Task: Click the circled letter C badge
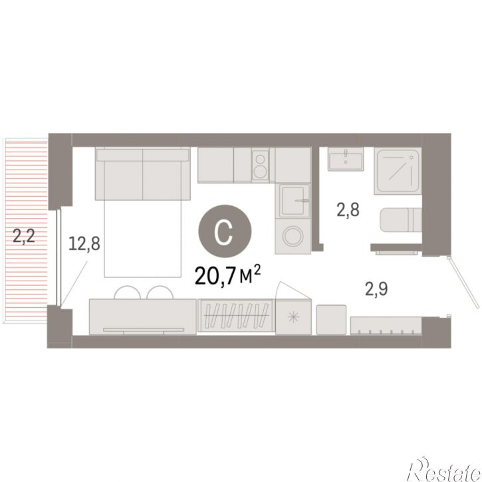225,231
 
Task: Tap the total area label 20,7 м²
228,275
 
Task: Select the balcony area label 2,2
24,236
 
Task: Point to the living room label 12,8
84,243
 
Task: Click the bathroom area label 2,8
348,210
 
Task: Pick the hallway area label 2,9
376,289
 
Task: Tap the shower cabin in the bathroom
398,171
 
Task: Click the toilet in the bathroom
401,220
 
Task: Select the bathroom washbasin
346,159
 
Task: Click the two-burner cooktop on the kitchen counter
261,165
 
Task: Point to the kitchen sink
293,200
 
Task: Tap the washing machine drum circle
293,236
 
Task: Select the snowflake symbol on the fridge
294,317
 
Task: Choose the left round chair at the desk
127,293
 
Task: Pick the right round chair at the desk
160,293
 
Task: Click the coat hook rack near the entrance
386,326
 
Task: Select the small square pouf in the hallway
331,320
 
